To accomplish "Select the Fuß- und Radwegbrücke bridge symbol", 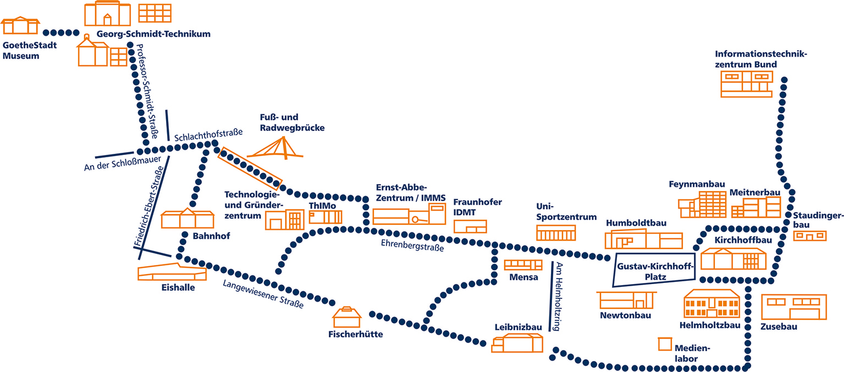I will (275, 148).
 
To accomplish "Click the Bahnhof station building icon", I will (187, 219).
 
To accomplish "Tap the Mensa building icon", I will (523, 265).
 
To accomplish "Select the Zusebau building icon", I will (793, 307).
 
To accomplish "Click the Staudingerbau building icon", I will (810, 236).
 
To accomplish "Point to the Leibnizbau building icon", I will (517, 343).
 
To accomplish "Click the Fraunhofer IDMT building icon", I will (470, 226).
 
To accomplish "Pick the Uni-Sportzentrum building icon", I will (556, 234).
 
